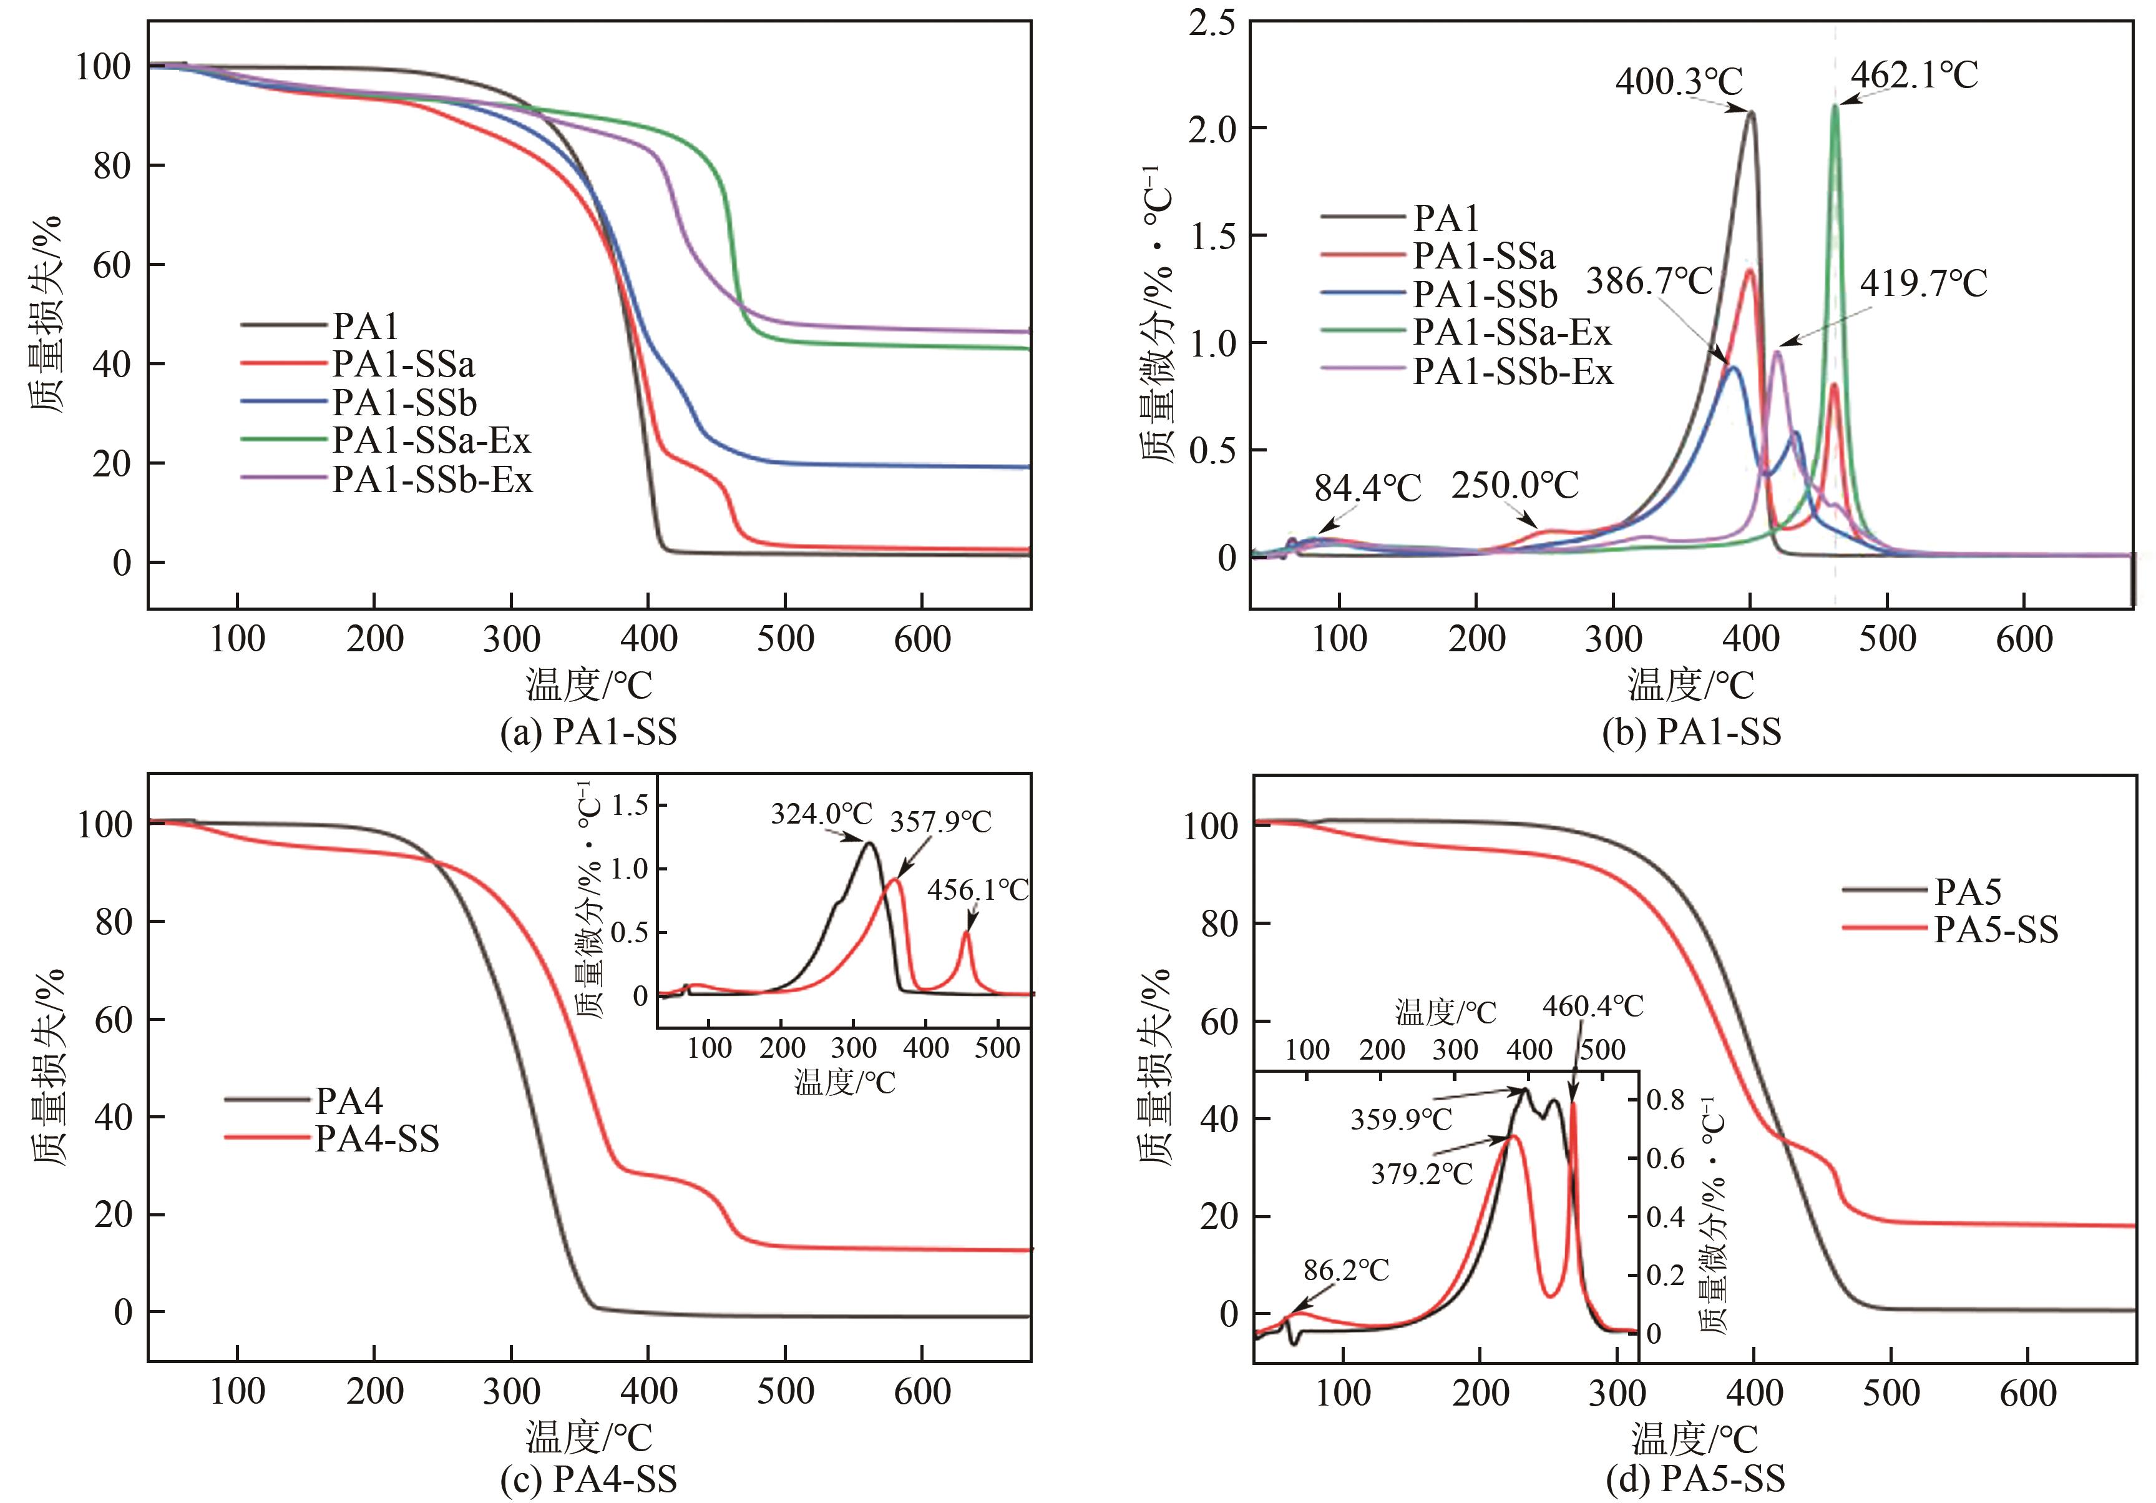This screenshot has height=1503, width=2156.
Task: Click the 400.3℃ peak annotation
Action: (1679, 82)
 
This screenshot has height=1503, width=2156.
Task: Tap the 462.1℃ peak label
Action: (1914, 75)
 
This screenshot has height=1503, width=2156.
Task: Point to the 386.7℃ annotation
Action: (1650, 281)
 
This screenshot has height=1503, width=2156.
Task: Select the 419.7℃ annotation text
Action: (1923, 283)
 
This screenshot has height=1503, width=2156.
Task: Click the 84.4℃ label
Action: (1367, 488)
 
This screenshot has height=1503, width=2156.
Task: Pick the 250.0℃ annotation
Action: (1515, 486)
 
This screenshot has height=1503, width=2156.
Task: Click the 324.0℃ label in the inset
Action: (822, 814)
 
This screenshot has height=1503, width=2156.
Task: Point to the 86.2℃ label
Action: (1345, 1271)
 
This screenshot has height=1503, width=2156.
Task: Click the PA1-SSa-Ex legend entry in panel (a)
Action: (431, 441)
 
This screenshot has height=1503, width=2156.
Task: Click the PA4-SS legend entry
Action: (376, 1140)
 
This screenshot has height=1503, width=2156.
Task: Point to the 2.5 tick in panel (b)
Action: (1212, 22)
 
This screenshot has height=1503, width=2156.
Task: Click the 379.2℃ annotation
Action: (1421, 1173)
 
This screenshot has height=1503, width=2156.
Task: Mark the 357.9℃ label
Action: (940, 822)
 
